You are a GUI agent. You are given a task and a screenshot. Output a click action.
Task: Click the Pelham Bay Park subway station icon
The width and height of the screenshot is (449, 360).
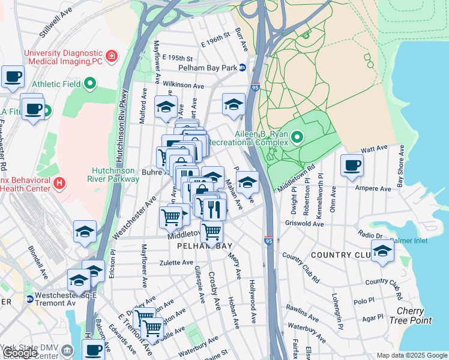243,68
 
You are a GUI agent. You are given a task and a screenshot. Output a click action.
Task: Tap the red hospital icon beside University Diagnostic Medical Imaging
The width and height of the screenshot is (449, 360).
111,57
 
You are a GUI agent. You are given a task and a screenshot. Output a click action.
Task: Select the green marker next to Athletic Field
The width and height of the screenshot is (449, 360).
90,83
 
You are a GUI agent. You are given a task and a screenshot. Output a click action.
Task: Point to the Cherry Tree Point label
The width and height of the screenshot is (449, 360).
414,316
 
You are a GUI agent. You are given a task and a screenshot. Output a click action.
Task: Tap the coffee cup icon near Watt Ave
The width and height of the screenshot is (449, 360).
352,165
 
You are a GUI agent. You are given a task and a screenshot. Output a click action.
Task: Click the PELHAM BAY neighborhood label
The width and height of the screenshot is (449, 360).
208,247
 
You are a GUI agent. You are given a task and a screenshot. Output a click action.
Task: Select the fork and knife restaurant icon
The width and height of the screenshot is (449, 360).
214,209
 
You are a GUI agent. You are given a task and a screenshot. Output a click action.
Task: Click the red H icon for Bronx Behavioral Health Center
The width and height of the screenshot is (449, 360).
58,182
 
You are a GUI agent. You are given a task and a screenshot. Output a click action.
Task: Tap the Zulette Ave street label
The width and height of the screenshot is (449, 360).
176,263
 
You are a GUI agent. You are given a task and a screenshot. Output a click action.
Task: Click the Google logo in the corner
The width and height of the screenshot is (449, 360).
19,353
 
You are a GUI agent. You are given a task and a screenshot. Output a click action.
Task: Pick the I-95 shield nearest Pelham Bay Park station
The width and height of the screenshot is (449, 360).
256,87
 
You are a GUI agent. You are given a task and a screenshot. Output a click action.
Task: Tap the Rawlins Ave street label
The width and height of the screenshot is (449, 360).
303,313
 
